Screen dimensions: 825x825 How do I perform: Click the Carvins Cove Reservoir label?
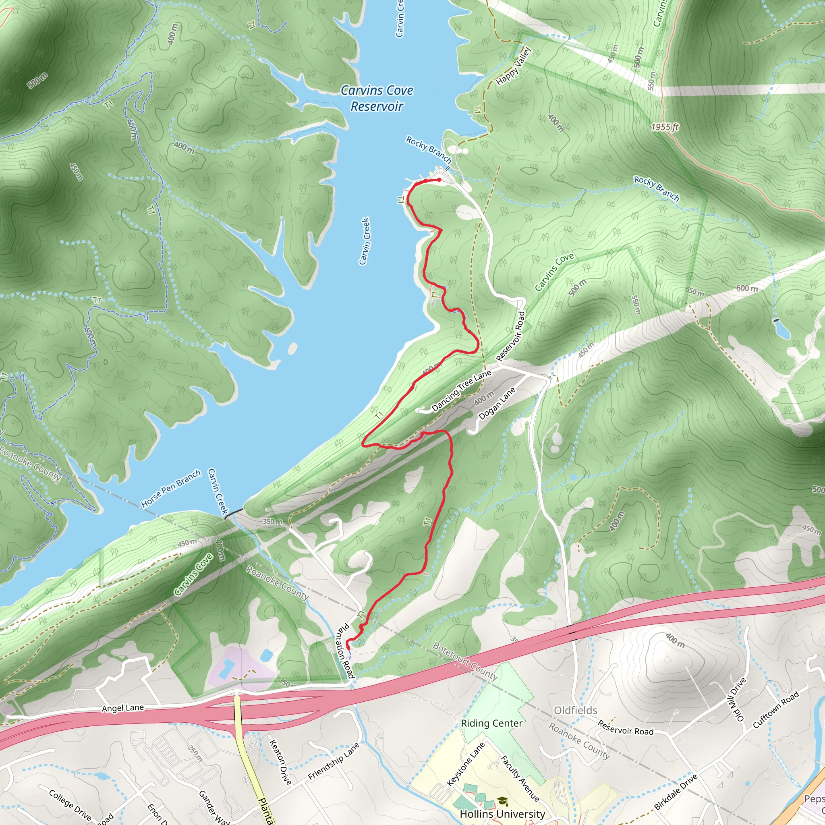[377, 98]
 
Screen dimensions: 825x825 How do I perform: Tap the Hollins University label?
[502, 814]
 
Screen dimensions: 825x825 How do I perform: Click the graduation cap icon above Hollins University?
[503, 801]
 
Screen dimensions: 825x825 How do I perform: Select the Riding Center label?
[491, 723]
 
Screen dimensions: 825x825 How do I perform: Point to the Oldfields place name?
[575, 710]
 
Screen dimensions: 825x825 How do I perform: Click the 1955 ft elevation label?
[664, 127]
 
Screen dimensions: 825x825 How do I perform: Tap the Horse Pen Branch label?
[171, 489]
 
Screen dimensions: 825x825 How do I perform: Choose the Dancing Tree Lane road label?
[461, 391]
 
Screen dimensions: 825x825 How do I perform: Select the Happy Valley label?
[514, 66]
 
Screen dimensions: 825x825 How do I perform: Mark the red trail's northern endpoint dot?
[439, 180]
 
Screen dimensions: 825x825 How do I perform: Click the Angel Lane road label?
[122, 708]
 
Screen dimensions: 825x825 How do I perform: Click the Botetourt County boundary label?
[465, 661]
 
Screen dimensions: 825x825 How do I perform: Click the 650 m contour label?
[695, 292]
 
